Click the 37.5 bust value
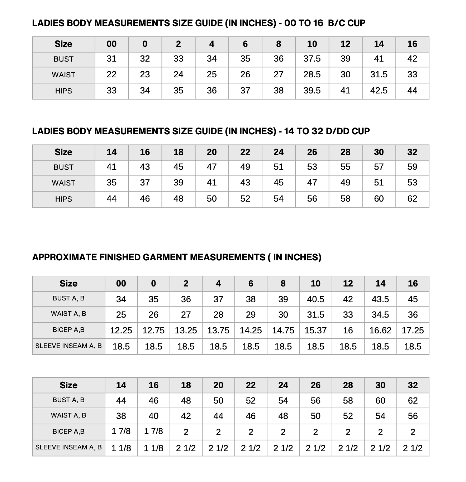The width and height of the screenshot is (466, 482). pyautogui.click(x=312, y=59)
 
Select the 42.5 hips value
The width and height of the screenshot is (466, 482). pyautogui.click(x=379, y=91)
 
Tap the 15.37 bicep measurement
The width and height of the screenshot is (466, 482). pyautogui.click(x=315, y=330)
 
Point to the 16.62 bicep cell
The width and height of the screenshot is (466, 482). pyautogui.click(x=380, y=330)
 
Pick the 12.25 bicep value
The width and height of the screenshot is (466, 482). pyautogui.click(x=121, y=330)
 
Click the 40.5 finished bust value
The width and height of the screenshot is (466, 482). pyautogui.click(x=315, y=299)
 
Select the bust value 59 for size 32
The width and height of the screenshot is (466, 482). pyautogui.click(x=412, y=167)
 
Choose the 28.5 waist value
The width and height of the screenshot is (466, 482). pyautogui.click(x=312, y=74)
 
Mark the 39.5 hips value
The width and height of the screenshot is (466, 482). pyautogui.click(x=312, y=91)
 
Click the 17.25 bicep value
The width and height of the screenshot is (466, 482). pyautogui.click(x=413, y=330)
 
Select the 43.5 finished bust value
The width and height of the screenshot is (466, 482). pyautogui.click(x=380, y=299)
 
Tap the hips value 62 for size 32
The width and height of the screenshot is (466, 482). pyautogui.click(x=412, y=199)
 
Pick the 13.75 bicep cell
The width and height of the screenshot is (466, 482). pyautogui.click(x=218, y=330)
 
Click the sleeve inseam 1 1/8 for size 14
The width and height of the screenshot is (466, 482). pyautogui.click(x=121, y=448)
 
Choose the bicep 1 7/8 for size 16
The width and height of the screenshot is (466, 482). pyautogui.click(x=153, y=432)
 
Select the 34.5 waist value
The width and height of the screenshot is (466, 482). pyautogui.click(x=380, y=315)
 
